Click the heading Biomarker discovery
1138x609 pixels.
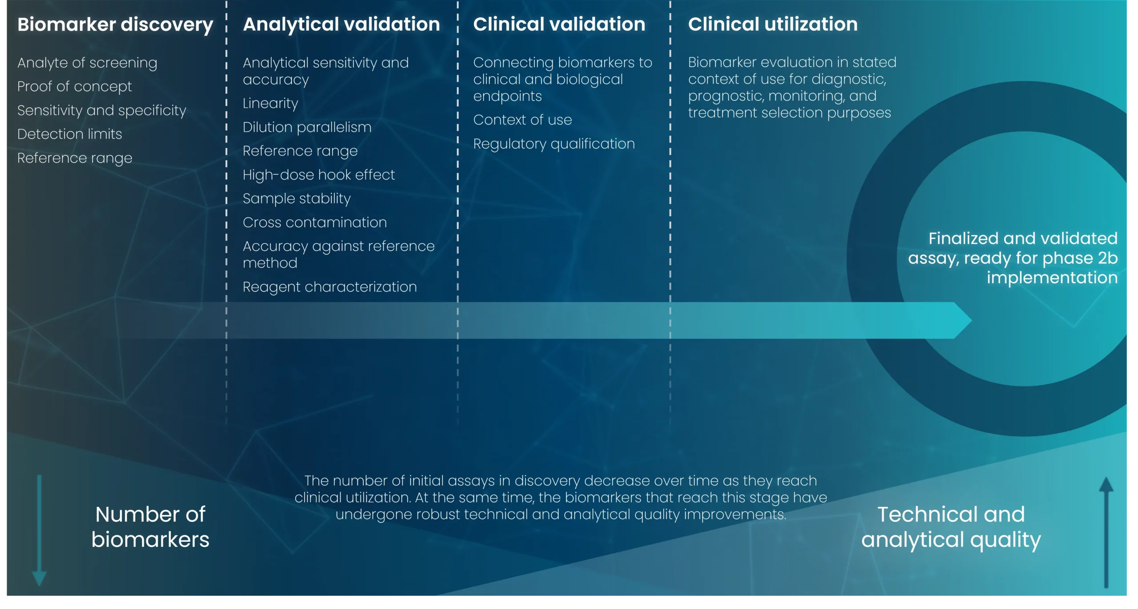(x=115, y=25)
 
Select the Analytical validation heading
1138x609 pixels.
(x=341, y=24)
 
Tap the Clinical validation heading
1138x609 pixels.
(x=559, y=24)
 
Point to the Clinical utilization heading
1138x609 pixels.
(x=773, y=24)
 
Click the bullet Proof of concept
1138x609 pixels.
(x=75, y=87)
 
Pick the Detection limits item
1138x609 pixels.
(x=70, y=134)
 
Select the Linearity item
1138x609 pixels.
(x=270, y=104)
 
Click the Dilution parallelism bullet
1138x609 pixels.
(x=307, y=128)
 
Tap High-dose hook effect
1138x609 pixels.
(x=319, y=175)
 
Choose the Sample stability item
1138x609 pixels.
(x=297, y=199)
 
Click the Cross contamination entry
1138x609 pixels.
(x=315, y=222)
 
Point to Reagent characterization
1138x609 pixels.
(x=330, y=287)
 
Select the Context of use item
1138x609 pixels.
(x=522, y=120)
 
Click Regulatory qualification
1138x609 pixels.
(x=554, y=144)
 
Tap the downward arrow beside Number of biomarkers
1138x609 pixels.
(x=39, y=530)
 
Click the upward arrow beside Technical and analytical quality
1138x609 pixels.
(x=1106, y=532)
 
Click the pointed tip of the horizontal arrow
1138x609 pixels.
(x=972, y=320)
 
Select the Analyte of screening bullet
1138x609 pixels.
(x=87, y=63)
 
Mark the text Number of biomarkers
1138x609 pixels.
(x=150, y=527)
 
